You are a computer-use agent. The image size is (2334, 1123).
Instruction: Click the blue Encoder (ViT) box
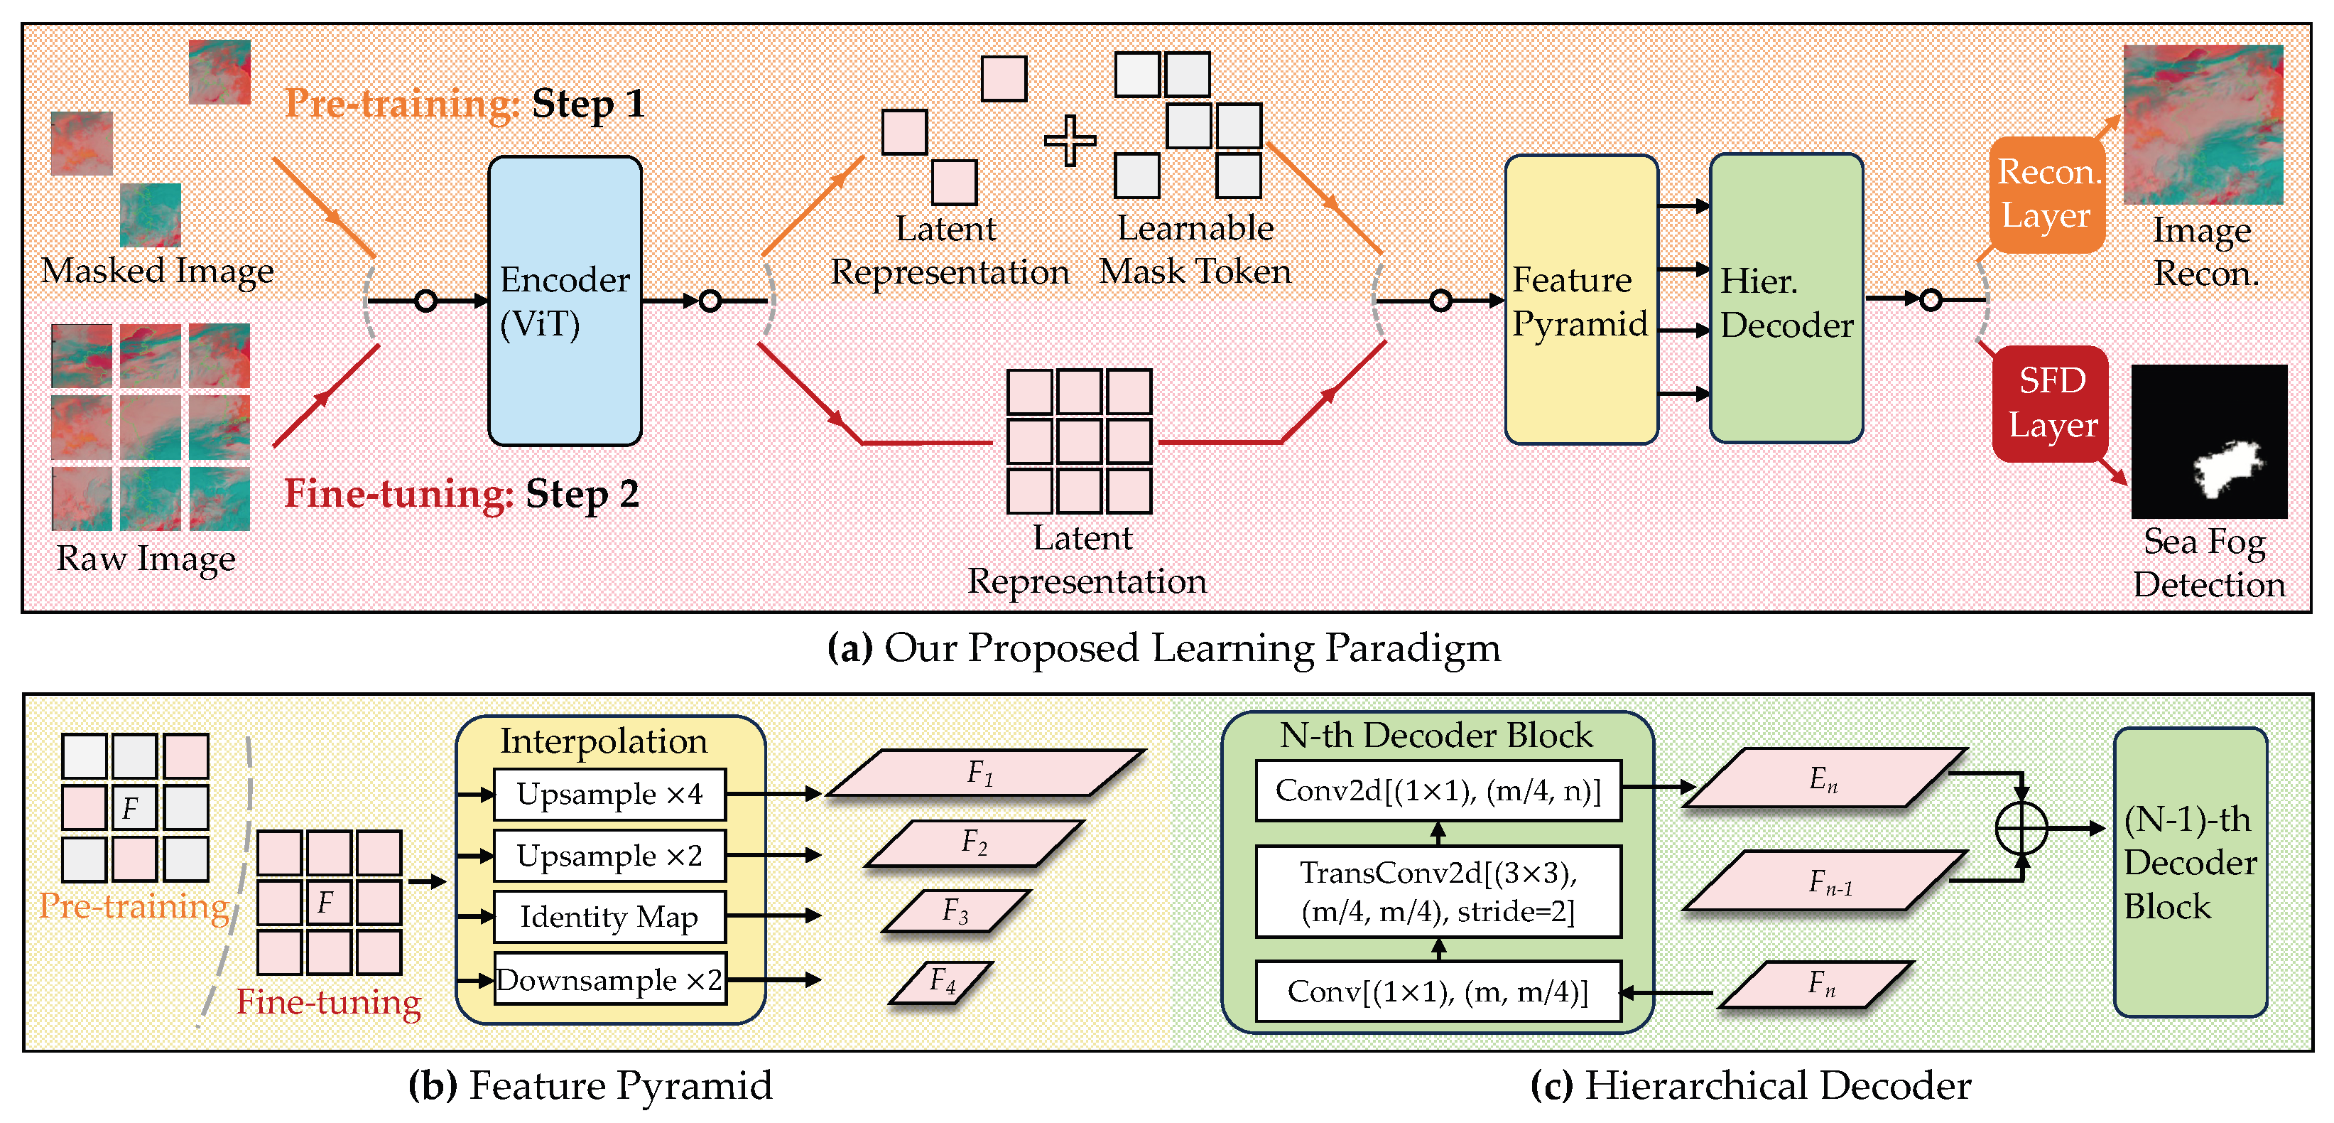(x=565, y=301)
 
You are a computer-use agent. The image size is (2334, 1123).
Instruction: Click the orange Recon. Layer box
(x=2045, y=194)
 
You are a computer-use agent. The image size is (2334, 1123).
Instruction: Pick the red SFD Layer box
(x=2051, y=403)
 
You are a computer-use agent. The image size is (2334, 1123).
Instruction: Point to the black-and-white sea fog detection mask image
(x=2208, y=441)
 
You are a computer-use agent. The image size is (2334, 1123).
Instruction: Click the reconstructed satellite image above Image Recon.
(x=2202, y=124)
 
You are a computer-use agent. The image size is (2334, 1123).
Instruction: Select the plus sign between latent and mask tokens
(x=1070, y=141)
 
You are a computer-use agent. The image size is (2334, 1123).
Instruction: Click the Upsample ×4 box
(x=609, y=794)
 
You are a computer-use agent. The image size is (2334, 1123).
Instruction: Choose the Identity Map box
(x=609, y=916)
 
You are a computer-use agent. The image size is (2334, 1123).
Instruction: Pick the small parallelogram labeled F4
(x=941, y=982)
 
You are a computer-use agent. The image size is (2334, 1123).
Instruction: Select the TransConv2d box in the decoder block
(x=1437, y=891)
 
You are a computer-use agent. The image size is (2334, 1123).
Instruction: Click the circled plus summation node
(x=2021, y=827)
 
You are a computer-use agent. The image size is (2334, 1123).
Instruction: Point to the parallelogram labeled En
(x=1823, y=778)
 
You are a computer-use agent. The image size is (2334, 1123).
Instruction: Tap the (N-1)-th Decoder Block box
(x=2189, y=871)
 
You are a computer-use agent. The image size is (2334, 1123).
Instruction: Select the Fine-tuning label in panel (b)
(x=328, y=1001)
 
